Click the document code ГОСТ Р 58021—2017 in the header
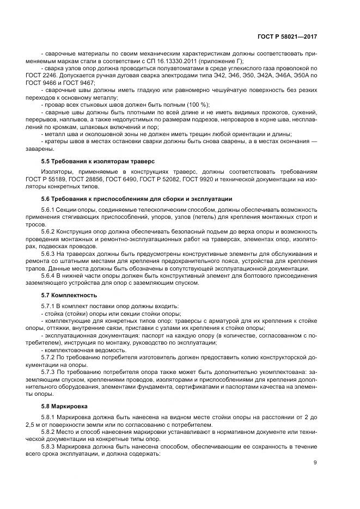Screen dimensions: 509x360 tap(288, 36)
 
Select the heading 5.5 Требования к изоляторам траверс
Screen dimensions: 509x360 tap(98, 162)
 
